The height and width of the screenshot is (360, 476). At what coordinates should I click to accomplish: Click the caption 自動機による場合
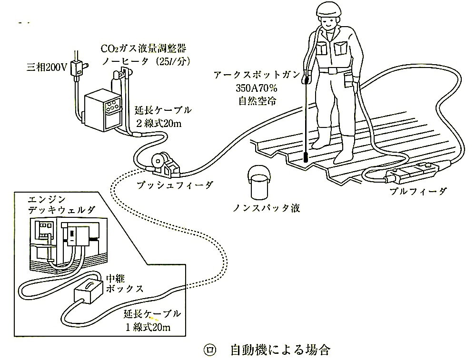tap(279, 350)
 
